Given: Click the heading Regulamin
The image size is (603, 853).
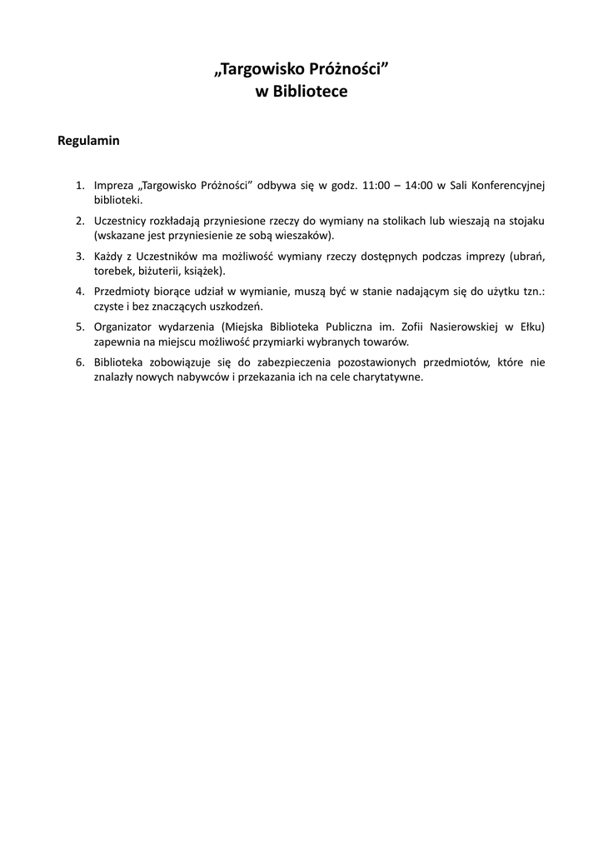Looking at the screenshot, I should pos(88,141).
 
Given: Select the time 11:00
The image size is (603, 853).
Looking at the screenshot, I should pos(374,186).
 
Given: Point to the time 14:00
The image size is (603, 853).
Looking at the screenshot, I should pos(419,186).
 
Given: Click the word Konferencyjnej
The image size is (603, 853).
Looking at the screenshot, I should pos(508,186).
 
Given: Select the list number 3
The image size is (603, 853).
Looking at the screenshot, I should pos(80,257).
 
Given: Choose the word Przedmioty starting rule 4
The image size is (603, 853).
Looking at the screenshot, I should pos(122,292).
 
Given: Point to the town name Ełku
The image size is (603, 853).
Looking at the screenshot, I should pos(531,327).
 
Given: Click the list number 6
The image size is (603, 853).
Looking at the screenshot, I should pos(80,362).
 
